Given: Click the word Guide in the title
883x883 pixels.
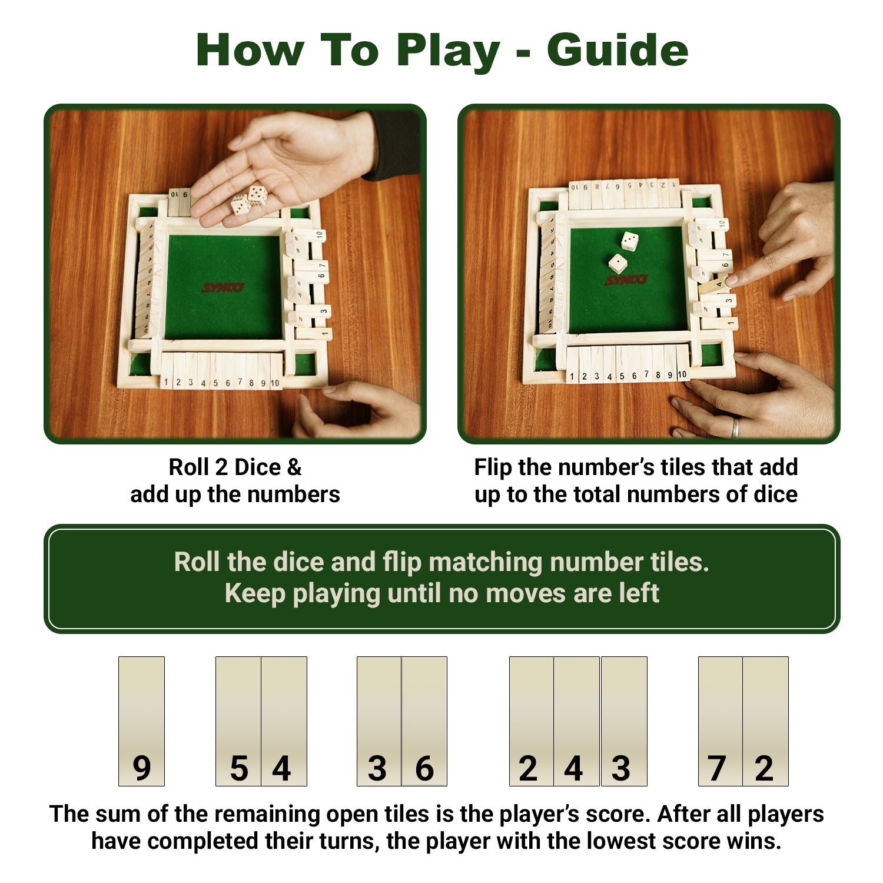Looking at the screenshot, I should [617, 51].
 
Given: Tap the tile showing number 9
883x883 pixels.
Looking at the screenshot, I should [141, 721].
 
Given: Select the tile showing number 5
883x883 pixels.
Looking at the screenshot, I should [238, 721].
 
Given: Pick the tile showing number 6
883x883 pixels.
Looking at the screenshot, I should [424, 721].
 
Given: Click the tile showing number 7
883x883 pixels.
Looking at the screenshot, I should [720, 721].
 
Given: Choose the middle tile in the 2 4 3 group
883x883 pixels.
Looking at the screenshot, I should [576, 721].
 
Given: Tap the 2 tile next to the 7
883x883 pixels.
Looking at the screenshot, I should [765, 721].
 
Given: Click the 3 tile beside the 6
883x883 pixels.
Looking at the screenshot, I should [379, 721].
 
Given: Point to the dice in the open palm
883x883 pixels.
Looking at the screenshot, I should [249, 200].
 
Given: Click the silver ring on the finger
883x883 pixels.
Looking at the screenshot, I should [735, 428].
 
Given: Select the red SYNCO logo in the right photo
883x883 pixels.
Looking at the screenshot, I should [626, 280].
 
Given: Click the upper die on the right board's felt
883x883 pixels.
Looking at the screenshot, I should [629, 241].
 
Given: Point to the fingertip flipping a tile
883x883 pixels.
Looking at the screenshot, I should [730, 281].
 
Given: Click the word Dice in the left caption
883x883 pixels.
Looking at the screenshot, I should [258, 467].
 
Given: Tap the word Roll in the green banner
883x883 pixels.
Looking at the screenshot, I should [197, 562].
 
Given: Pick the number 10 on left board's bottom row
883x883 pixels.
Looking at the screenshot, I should [275, 383].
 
